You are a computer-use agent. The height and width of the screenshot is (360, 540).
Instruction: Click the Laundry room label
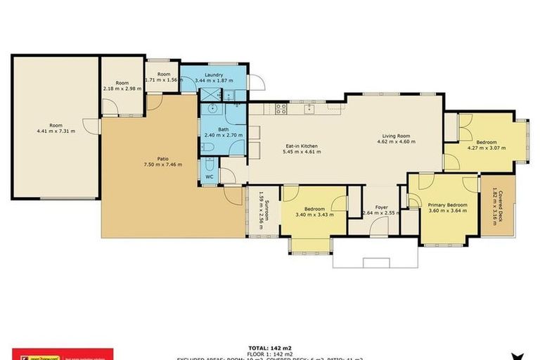[x=214, y=75]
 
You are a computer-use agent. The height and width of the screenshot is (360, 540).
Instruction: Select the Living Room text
[x=397, y=135]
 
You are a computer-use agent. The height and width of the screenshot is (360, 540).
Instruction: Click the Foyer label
[x=381, y=207]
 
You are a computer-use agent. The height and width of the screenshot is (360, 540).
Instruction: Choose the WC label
[x=209, y=176]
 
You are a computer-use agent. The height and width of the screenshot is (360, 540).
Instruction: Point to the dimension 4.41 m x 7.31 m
[x=56, y=131]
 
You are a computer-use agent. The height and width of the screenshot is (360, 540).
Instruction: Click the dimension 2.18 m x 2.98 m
[x=122, y=89]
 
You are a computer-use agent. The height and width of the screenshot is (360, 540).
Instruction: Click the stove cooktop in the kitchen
[x=281, y=109]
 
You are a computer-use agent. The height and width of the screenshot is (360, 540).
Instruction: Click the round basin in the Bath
[x=212, y=110]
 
